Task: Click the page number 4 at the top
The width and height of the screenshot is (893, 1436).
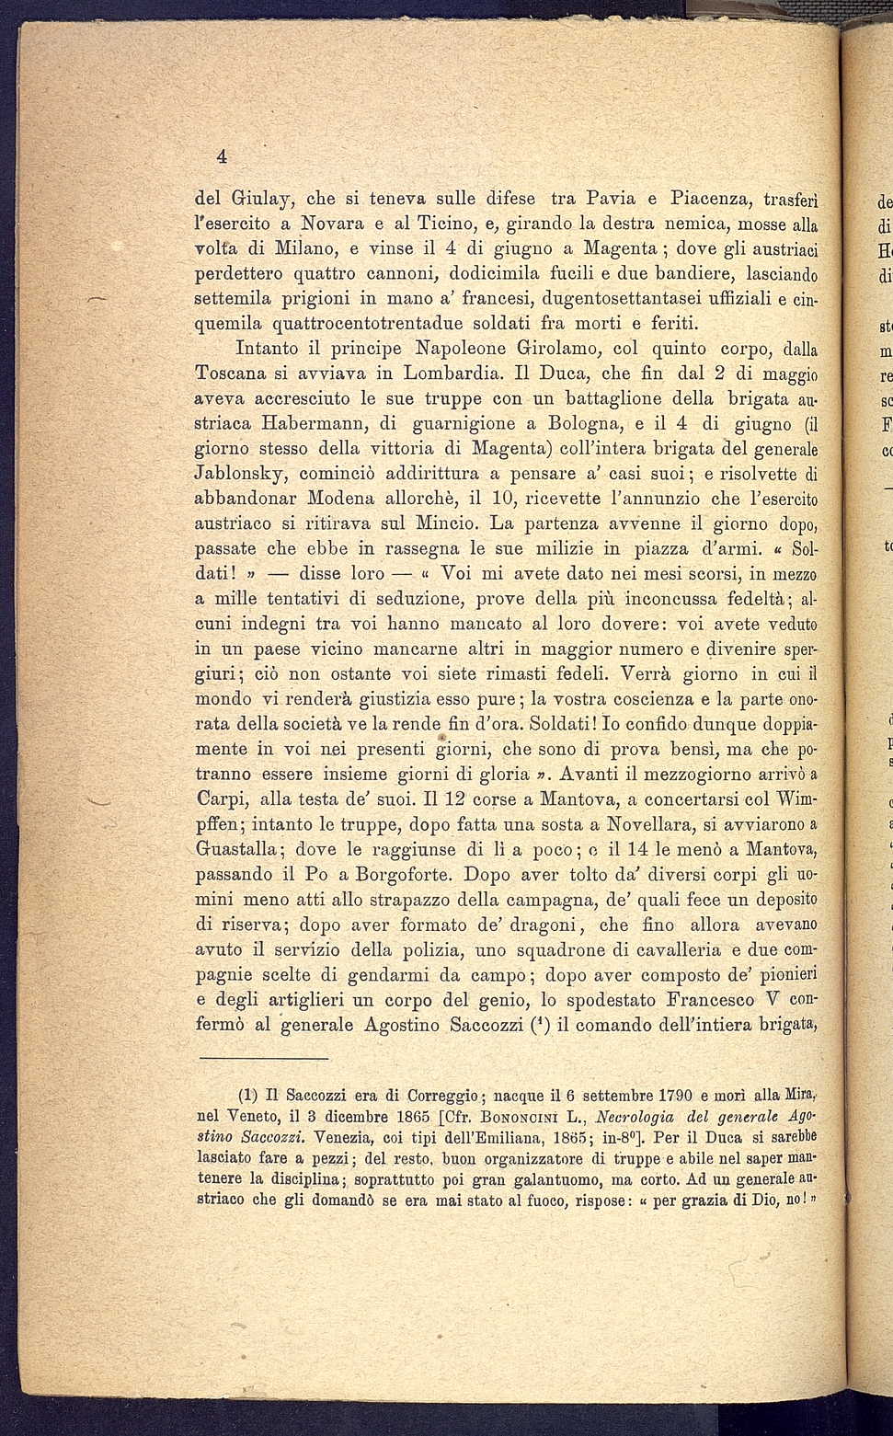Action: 221,155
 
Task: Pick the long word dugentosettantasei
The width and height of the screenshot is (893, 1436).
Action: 625,299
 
